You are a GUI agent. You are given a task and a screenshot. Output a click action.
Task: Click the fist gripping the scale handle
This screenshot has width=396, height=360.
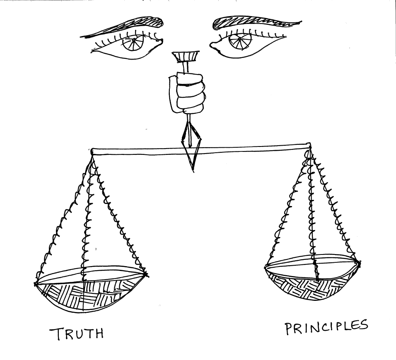pos(190,93)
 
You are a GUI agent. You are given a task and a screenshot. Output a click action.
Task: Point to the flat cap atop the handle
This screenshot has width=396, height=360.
pos(185,56)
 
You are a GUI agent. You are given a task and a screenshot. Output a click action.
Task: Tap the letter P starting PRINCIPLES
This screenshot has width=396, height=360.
pos(289,329)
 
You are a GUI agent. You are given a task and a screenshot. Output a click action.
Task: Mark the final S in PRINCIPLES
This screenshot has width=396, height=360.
pos(362,325)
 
